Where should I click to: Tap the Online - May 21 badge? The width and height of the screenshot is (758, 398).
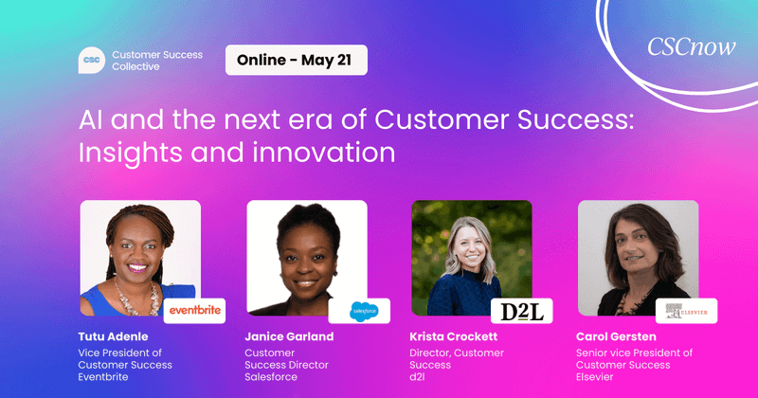tap(296, 61)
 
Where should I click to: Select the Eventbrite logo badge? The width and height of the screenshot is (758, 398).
tap(195, 310)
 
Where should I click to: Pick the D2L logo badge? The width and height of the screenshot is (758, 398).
tap(521, 310)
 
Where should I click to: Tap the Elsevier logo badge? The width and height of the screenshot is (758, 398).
tap(686, 310)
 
